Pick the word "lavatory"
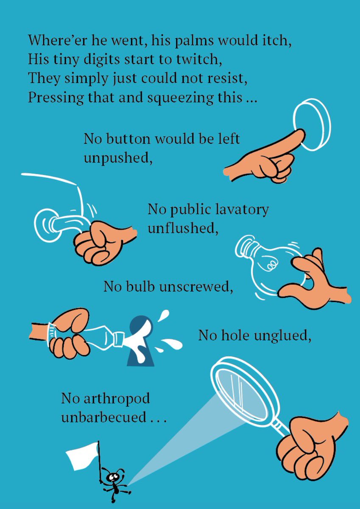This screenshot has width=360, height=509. coord(244,210)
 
